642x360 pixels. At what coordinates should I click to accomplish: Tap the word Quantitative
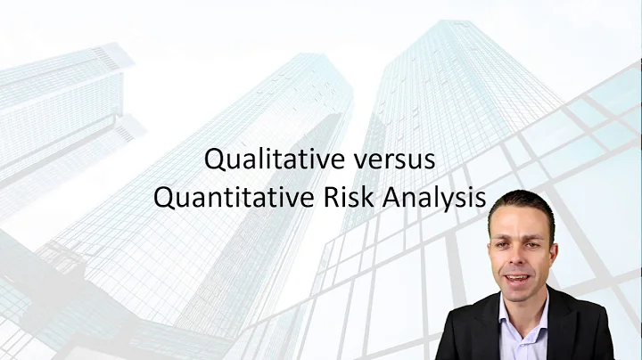pyautogui.click(x=233, y=198)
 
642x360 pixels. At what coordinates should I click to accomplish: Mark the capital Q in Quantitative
pyautogui.click(x=163, y=198)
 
